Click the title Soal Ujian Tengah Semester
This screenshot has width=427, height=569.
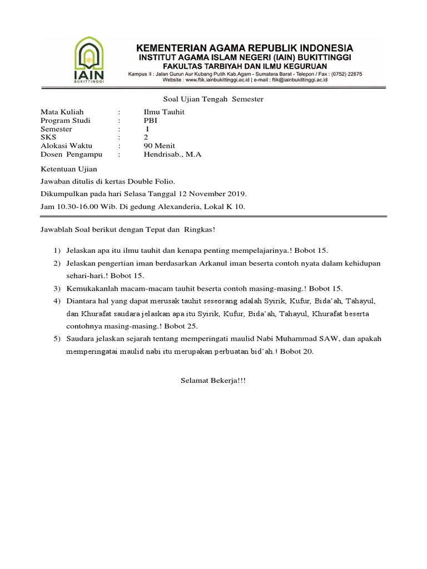coord(213,99)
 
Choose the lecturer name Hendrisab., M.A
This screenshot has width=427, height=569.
coord(172,154)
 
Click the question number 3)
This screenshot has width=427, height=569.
coord(57,288)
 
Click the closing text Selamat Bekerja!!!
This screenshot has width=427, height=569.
coord(213,381)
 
